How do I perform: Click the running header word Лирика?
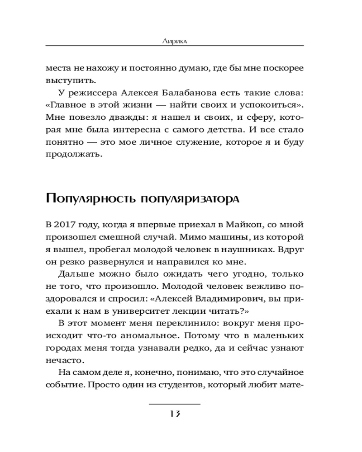click(175, 41)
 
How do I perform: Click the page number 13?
click(175, 414)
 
